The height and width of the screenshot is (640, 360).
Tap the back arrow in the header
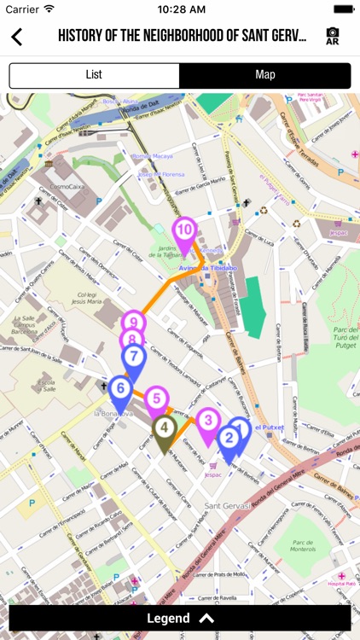pyautogui.click(x=16, y=37)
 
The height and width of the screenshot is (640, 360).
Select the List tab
pyautogui.click(x=94, y=75)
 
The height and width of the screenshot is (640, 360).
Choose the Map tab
pyautogui.click(x=265, y=75)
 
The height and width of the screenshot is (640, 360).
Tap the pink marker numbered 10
pyautogui.click(x=184, y=230)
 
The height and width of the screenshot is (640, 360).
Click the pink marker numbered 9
pyautogui.click(x=132, y=323)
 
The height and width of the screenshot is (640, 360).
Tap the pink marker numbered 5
pyautogui.click(x=155, y=399)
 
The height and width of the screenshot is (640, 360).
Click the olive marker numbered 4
pyautogui.click(x=165, y=428)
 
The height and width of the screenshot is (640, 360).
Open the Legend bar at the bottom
pyautogui.click(x=180, y=619)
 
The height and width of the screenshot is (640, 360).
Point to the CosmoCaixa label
pyautogui.click(x=69, y=186)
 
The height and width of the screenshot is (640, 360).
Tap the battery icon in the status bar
pyautogui.click(x=344, y=9)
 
